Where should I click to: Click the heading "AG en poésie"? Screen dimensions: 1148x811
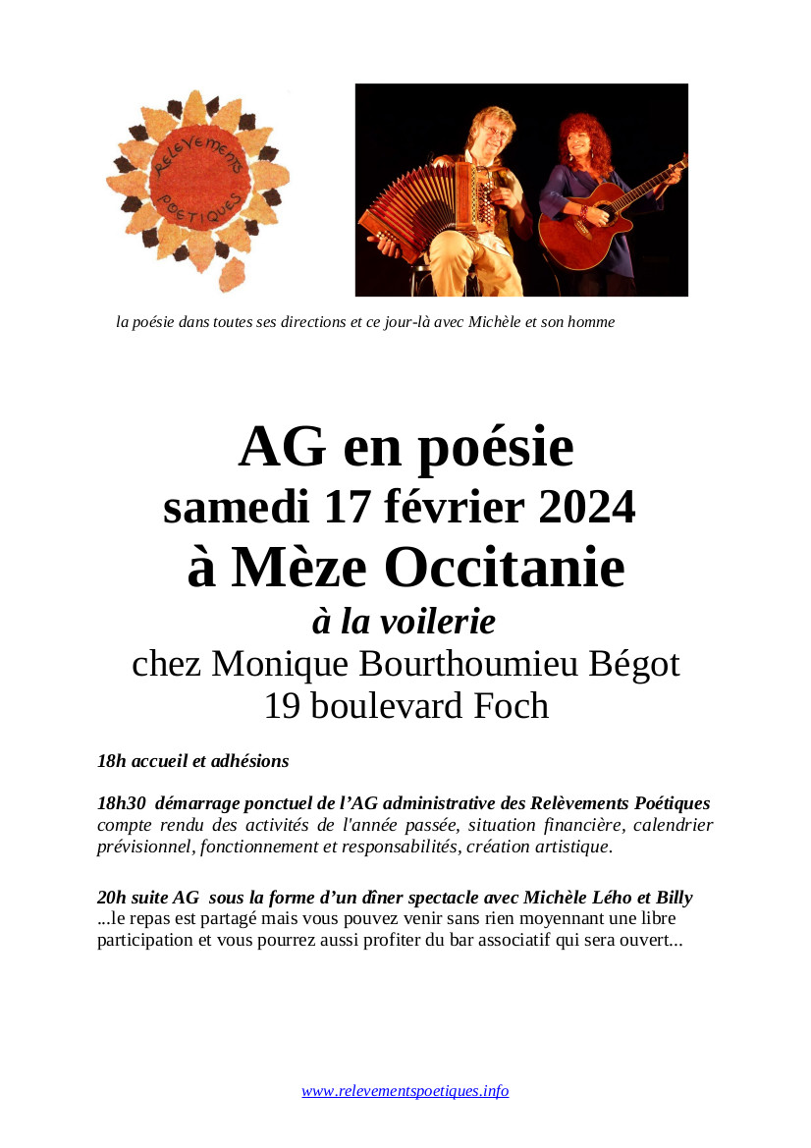(x=405, y=448)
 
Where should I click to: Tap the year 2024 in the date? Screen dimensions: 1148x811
(x=586, y=508)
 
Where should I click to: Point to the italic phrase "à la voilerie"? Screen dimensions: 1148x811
(x=404, y=621)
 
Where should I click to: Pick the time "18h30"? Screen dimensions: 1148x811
(x=119, y=803)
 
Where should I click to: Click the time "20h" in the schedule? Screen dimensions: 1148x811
(x=111, y=898)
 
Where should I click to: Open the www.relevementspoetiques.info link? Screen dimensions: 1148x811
(x=405, y=1091)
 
